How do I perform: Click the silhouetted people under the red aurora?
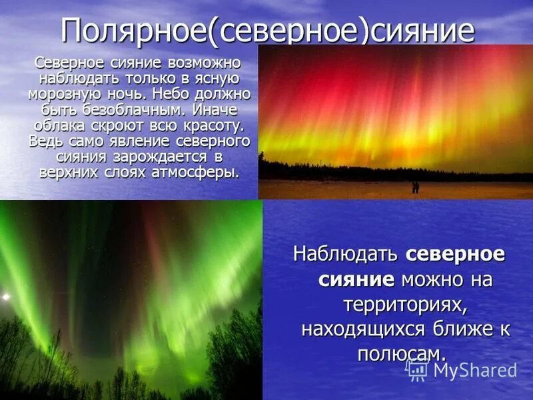[x=415, y=187]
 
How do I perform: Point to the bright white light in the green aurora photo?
[x=5, y=296]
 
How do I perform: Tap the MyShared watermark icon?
[x=416, y=369]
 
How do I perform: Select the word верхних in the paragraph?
[x=66, y=173]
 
